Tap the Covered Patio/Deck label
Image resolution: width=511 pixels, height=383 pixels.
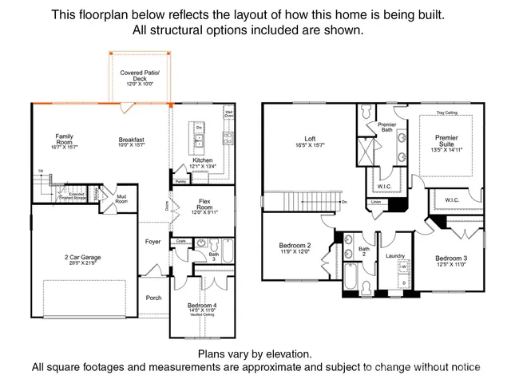point(141,77)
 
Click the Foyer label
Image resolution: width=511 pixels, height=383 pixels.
point(153,242)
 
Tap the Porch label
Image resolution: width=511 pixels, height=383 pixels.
point(153,298)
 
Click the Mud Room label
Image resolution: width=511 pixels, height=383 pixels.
point(121,199)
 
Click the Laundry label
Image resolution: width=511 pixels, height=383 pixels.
point(395,255)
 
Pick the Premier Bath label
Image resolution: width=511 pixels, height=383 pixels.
point(386,127)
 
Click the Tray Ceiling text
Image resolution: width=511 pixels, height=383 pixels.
point(446,113)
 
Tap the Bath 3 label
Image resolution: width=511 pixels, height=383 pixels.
point(213,256)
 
